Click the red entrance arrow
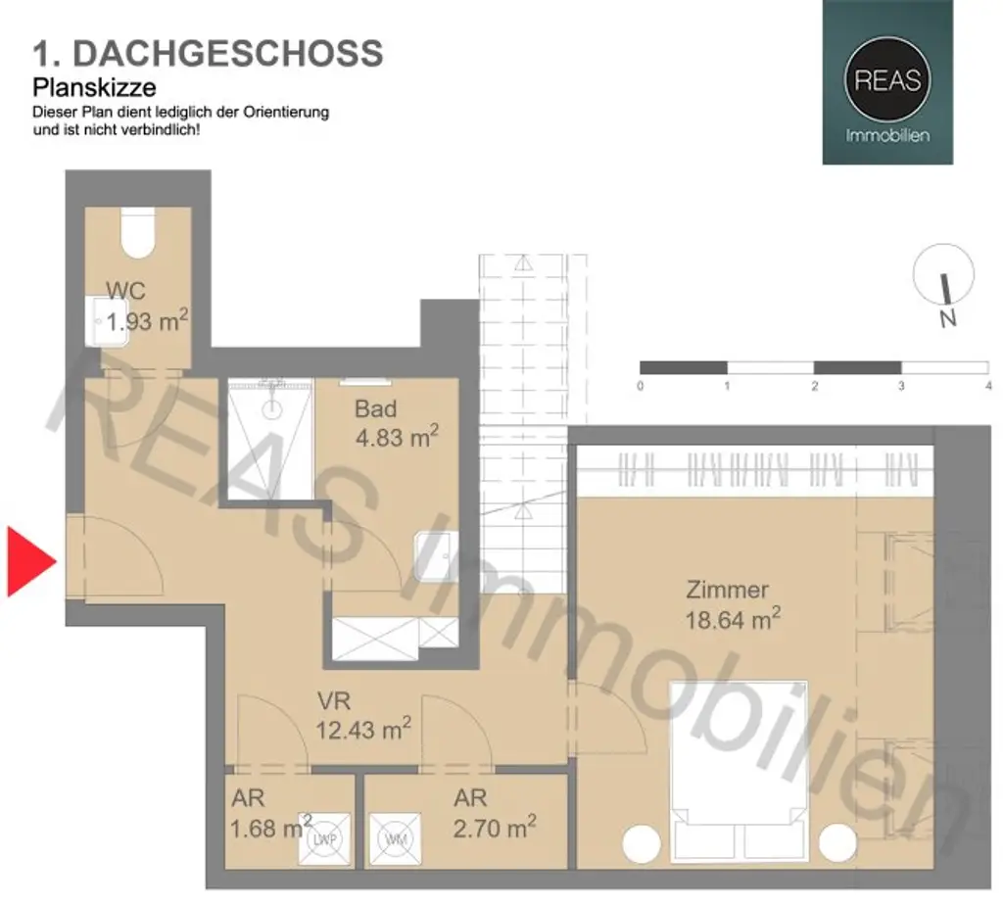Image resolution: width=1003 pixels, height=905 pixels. [x=29, y=561]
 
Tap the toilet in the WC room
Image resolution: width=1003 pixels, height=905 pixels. [x=137, y=233]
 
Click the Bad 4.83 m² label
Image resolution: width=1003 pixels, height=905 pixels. [x=396, y=422]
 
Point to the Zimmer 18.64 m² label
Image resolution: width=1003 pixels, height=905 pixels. [x=732, y=604]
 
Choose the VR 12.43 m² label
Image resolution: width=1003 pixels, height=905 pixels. [x=362, y=716]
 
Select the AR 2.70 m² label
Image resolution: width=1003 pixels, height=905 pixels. [x=494, y=815]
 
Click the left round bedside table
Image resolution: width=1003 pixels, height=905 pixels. [x=642, y=844]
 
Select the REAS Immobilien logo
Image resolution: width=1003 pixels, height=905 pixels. [x=887, y=82]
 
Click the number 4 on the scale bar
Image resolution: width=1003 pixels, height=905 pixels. [x=988, y=386]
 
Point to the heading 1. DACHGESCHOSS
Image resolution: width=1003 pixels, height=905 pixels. [x=207, y=53]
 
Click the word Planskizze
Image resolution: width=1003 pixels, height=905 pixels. [x=95, y=87]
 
